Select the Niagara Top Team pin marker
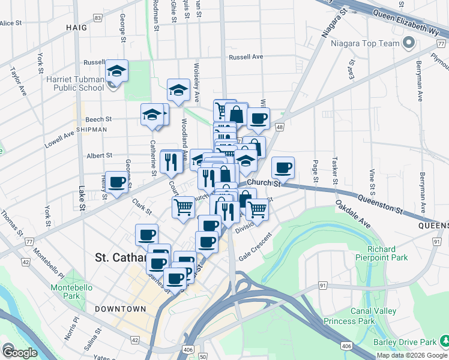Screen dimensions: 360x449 pyautogui.click(x=410, y=43)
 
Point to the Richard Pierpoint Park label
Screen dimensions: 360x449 pyautogui.click(x=381, y=253)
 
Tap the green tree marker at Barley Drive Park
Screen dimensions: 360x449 pyautogui.click(x=444, y=341)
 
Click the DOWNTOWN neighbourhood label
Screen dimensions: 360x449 pyautogui.click(x=120, y=308)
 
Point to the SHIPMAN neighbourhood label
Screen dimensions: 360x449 pyautogui.click(x=91, y=129)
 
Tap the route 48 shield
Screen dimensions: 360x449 pyautogui.click(x=280, y=127)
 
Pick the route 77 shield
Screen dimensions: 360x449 pyautogui.click(x=29, y=241)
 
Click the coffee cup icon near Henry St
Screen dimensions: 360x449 pyautogui.click(x=116, y=182)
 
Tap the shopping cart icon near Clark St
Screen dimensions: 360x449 pyautogui.click(x=184, y=208)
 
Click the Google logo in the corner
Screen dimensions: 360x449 pyautogui.click(x=19, y=352)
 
